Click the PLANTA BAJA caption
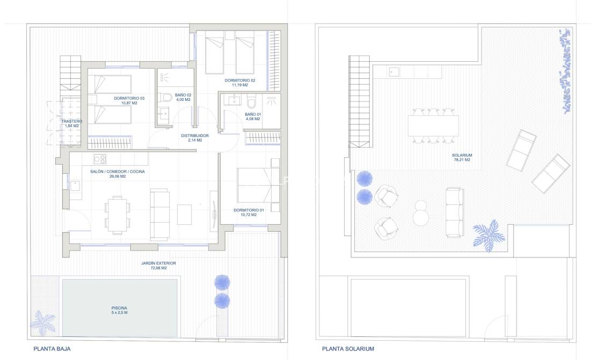52,349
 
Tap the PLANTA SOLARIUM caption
348,349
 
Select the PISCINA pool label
119,310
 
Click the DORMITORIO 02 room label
240,83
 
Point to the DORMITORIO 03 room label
129,100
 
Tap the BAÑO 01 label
252,116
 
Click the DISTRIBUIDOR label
194,138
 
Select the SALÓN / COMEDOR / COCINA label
117,174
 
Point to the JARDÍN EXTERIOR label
158,266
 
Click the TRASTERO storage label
71,123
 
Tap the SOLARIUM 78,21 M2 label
462,157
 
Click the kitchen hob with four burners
100,159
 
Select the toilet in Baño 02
165,98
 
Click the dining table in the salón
117,214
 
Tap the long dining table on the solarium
433,126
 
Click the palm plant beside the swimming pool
42,322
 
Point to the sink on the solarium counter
394,71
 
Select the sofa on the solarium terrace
454,212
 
